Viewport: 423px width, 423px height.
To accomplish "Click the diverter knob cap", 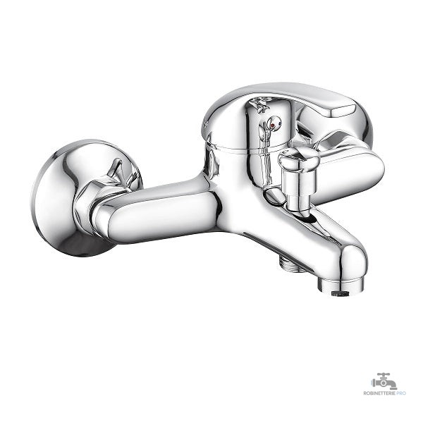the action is tap(299, 159).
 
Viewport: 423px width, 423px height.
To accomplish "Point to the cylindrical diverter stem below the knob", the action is tap(298, 192).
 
